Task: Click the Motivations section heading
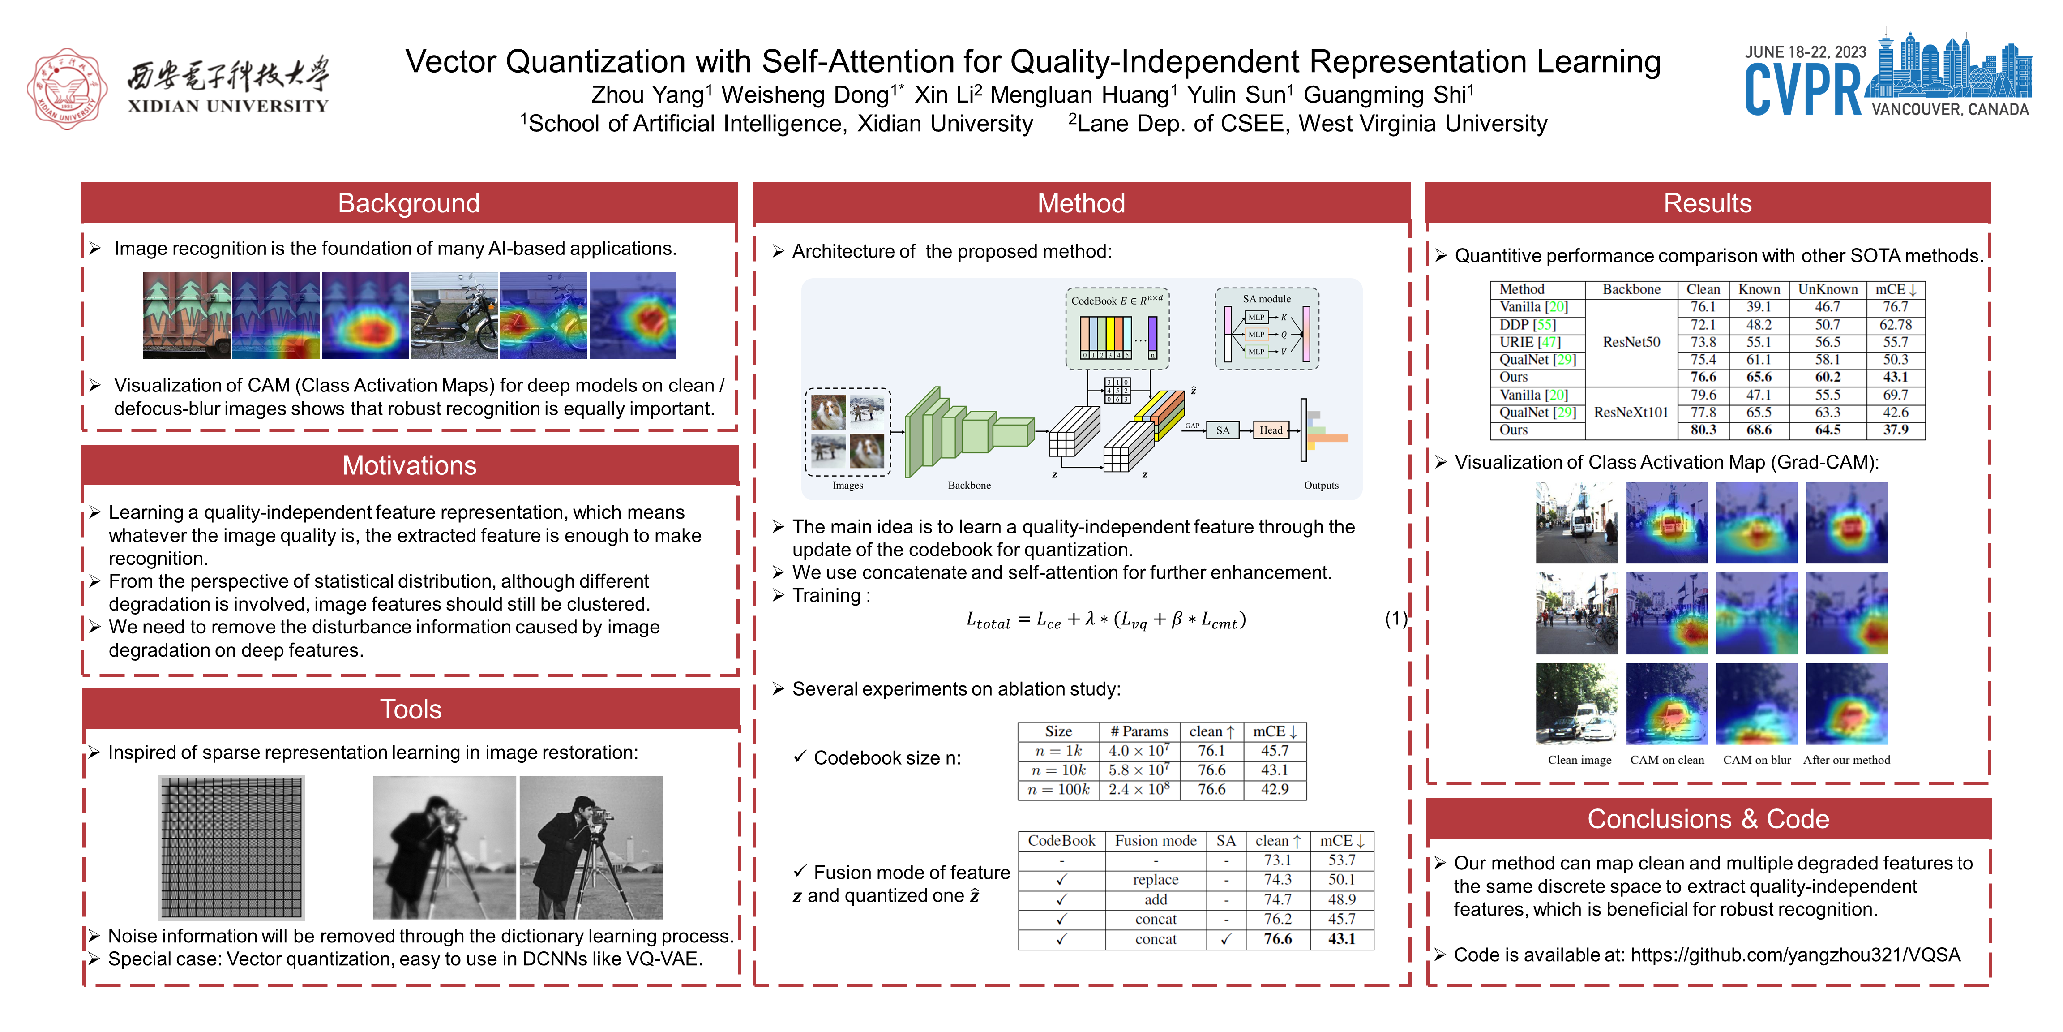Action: [409, 465]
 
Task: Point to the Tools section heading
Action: [410, 709]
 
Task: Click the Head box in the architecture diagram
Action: [1271, 430]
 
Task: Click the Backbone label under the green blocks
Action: [969, 486]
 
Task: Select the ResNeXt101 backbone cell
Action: [1631, 413]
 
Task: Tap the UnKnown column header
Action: [1827, 289]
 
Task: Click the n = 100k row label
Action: [1058, 789]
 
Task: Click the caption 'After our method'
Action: [1846, 761]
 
